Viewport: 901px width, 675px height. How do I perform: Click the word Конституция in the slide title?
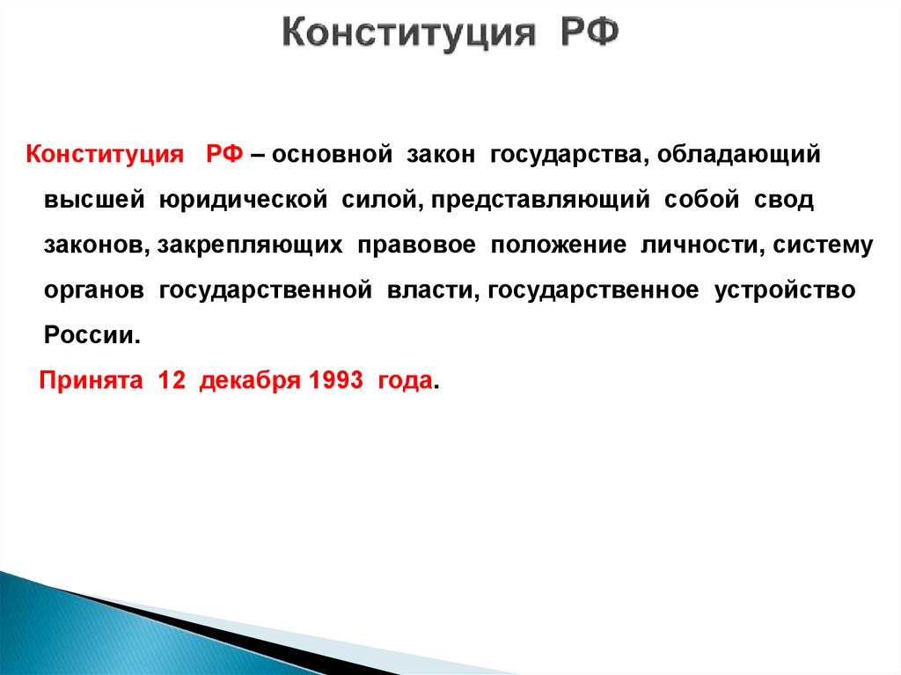point(409,36)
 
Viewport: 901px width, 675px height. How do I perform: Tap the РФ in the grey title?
point(590,36)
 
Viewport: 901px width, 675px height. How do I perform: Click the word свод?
point(784,200)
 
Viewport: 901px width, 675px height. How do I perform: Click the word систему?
point(824,246)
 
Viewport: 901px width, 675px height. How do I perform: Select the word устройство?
point(785,291)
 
